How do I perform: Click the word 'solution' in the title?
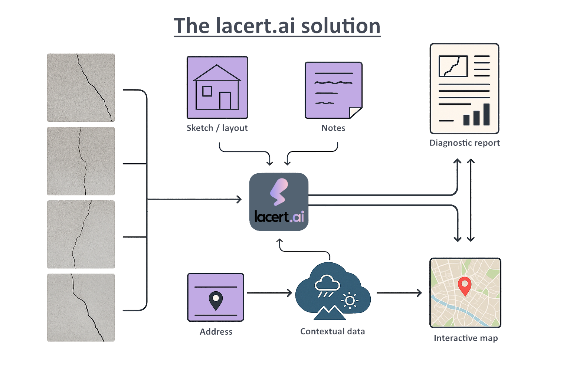click(x=340, y=26)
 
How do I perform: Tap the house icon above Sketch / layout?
click(x=217, y=88)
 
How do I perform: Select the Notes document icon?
click(x=333, y=90)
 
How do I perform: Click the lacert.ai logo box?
click(x=279, y=202)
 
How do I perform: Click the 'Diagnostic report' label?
click(x=464, y=143)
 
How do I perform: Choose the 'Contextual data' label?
click(x=332, y=331)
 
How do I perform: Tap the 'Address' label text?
click(x=216, y=332)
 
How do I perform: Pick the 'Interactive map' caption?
click(x=466, y=338)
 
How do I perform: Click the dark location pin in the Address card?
click(x=216, y=300)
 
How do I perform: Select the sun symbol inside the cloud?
click(x=350, y=301)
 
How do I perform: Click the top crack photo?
click(x=81, y=88)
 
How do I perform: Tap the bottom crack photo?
click(x=81, y=308)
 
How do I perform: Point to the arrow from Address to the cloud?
click(x=269, y=293)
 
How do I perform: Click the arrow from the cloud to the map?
click(x=399, y=293)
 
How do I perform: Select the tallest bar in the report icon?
click(x=487, y=114)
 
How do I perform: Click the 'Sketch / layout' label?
click(x=217, y=128)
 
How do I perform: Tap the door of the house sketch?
click(x=225, y=101)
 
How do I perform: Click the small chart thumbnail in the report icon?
click(x=453, y=66)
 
